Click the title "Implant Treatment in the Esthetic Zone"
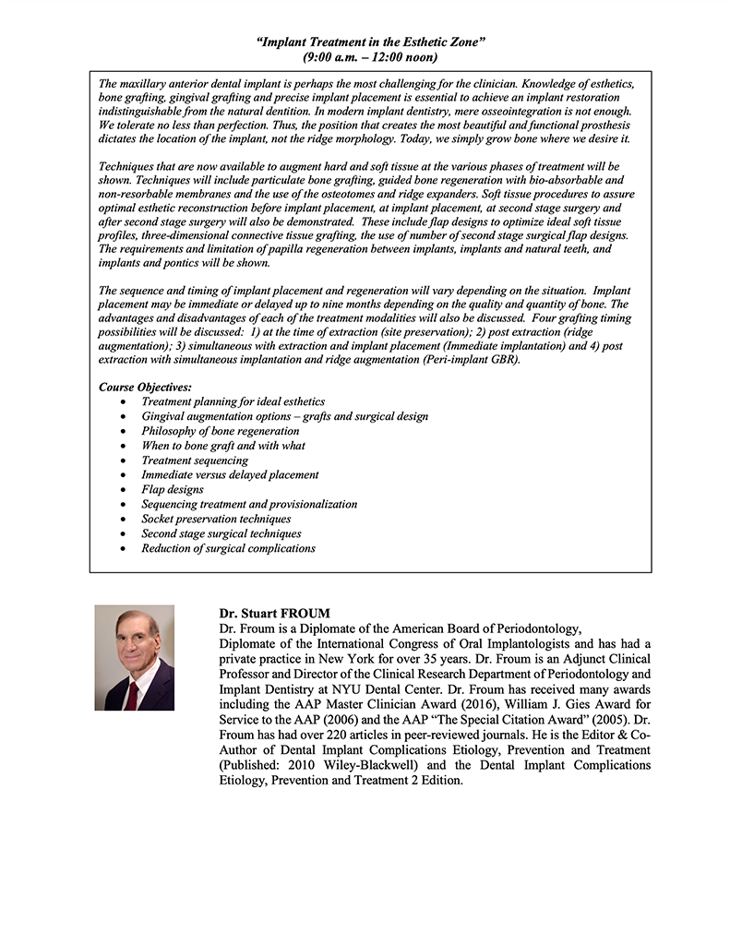click(x=370, y=42)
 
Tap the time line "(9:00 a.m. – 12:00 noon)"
click(x=370, y=57)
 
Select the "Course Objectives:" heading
click(x=145, y=388)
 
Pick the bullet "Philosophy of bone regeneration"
click(x=220, y=431)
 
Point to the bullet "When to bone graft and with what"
click(x=223, y=446)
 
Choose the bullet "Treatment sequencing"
click(x=195, y=461)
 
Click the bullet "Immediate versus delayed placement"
click(x=230, y=475)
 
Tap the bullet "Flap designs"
click(x=173, y=490)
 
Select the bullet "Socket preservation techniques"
click(x=216, y=520)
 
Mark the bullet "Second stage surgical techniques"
click(x=221, y=534)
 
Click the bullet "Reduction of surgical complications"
click(x=228, y=549)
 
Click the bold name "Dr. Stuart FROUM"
click(x=274, y=614)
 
